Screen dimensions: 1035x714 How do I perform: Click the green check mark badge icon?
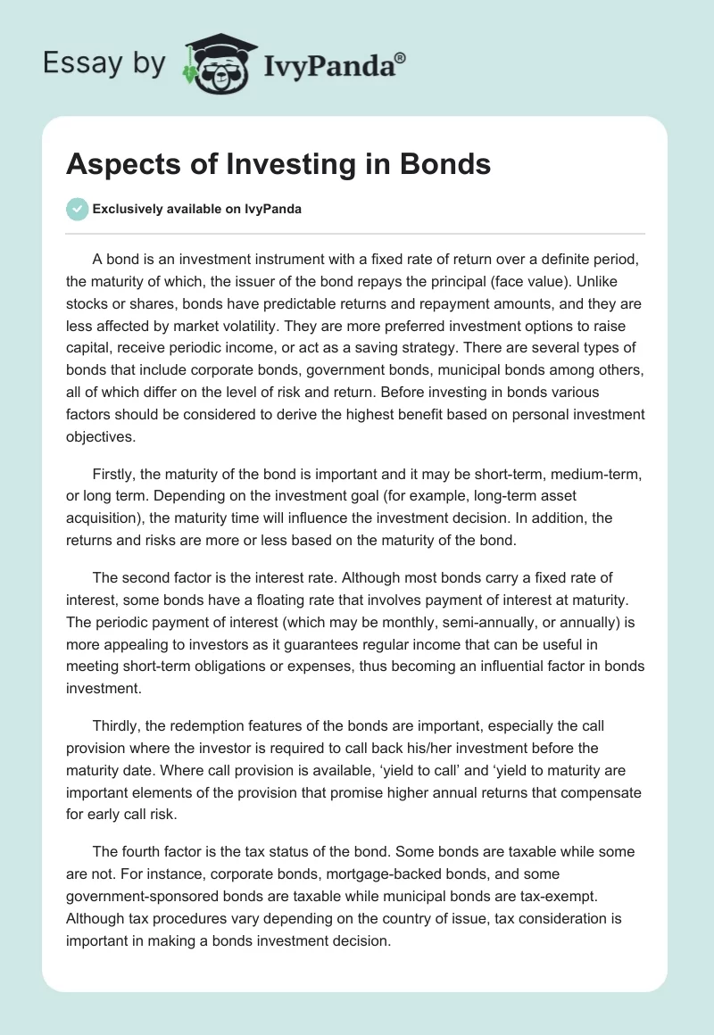pyautogui.click(x=77, y=209)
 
